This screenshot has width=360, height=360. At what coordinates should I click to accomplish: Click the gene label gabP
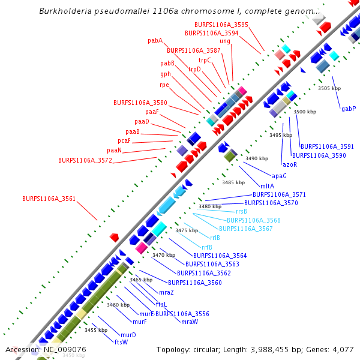(x=349, y=109)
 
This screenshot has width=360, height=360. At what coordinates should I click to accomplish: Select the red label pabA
(x=155, y=41)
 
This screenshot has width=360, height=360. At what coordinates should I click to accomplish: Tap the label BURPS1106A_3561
(x=49, y=199)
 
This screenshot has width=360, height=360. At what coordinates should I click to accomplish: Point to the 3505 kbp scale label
(x=329, y=88)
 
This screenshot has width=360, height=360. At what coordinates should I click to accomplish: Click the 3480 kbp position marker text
(x=210, y=206)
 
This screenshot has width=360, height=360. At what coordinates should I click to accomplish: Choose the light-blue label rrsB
(x=241, y=211)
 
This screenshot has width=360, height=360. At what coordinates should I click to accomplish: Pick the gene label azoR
(x=290, y=164)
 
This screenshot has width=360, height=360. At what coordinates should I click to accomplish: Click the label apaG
(x=279, y=176)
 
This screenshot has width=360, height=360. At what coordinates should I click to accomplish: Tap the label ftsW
(x=121, y=342)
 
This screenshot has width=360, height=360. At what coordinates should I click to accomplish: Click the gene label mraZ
(x=166, y=292)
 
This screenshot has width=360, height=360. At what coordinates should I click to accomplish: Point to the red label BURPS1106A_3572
(x=85, y=161)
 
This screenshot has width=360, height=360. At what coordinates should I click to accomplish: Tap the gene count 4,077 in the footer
(x=343, y=349)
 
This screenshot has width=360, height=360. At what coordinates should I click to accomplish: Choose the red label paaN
(x=115, y=150)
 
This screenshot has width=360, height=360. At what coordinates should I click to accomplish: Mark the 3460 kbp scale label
(x=118, y=305)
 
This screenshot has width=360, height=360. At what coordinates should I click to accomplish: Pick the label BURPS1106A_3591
(x=327, y=146)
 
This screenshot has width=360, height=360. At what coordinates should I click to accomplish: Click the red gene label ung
(x=225, y=41)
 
